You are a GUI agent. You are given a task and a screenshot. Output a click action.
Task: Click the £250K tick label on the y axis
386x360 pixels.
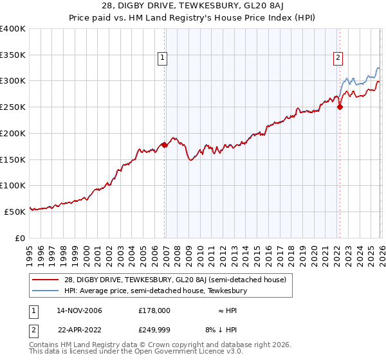[x=13, y=107]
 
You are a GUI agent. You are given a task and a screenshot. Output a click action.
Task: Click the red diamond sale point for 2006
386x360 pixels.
[x=165, y=145]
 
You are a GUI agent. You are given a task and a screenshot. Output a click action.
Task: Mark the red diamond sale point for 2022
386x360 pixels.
[x=340, y=107]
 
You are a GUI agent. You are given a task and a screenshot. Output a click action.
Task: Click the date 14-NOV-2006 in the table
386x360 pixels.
[x=79, y=310]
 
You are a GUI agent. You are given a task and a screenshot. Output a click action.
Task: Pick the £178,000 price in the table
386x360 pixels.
[x=154, y=310]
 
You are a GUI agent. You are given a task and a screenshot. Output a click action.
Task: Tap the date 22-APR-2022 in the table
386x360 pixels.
[x=79, y=330]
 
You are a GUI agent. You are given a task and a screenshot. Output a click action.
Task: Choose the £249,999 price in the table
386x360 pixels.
[x=154, y=330]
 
